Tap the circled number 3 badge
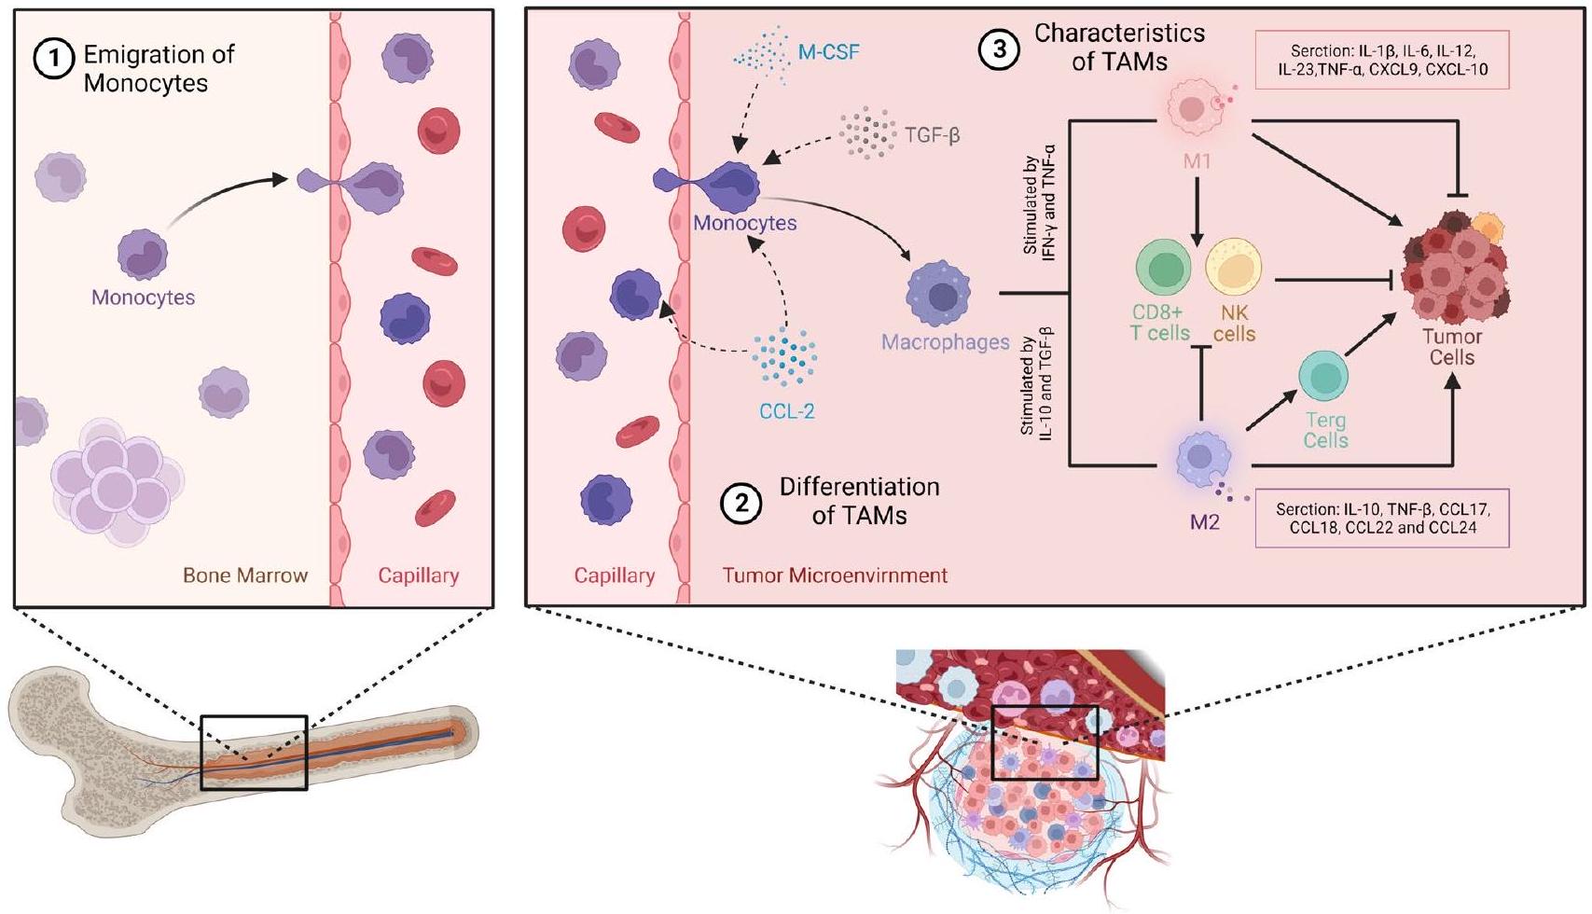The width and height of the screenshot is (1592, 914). pos(999,49)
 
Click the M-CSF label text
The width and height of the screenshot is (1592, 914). pos(828,52)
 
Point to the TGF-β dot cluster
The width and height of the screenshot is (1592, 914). pos(866,133)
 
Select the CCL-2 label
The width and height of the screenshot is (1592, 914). pos(786,410)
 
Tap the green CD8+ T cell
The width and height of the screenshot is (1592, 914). pos(1163,267)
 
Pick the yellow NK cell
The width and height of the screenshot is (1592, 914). pos(1233,267)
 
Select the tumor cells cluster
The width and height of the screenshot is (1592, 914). pos(1454,267)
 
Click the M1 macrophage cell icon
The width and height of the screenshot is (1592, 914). pos(1194,107)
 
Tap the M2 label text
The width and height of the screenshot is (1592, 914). pos(1204,522)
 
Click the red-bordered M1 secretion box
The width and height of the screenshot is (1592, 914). pos(1381,61)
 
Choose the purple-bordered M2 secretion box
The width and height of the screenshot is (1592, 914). pos(1382,519)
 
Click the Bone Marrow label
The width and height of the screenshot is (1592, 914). pos(245,575)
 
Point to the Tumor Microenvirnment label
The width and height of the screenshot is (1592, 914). pos(835,575)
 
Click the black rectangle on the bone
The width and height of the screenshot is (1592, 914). pos(254,753)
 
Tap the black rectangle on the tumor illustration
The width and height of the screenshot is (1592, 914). pos(1045,743)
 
